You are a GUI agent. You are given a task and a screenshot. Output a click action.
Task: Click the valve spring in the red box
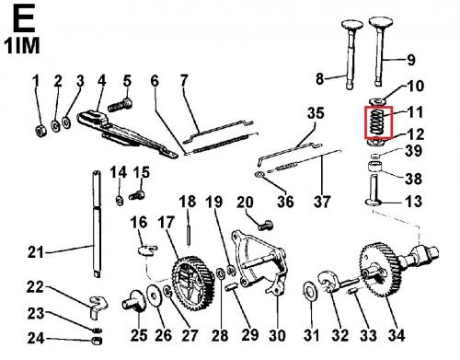coord(377,122)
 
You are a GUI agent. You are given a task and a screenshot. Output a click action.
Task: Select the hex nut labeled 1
coord(40,132)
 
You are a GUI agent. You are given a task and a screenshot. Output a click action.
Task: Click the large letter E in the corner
coord(23,19)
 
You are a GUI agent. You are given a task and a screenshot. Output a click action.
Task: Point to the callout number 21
coord(36,252)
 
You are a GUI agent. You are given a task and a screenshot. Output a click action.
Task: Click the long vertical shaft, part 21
coord(97,224)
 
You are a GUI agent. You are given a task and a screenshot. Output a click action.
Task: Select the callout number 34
coord(397,334)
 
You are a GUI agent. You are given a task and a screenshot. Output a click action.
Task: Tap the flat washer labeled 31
coord(311,292)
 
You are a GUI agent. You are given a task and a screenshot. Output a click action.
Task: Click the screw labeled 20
coord(266,226)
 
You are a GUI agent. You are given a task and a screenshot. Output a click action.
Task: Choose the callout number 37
coord(322,202)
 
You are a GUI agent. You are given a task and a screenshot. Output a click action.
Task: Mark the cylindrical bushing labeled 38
coord(375,167)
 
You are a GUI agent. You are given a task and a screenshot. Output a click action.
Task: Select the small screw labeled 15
coord(137,194)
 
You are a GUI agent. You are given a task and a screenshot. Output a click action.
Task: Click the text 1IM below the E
coord(22,46)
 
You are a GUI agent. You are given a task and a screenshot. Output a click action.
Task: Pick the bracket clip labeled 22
coord(98,306)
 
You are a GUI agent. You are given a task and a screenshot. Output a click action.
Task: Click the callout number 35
coord(316,113)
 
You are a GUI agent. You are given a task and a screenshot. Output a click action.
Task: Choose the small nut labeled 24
coord(97,341)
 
